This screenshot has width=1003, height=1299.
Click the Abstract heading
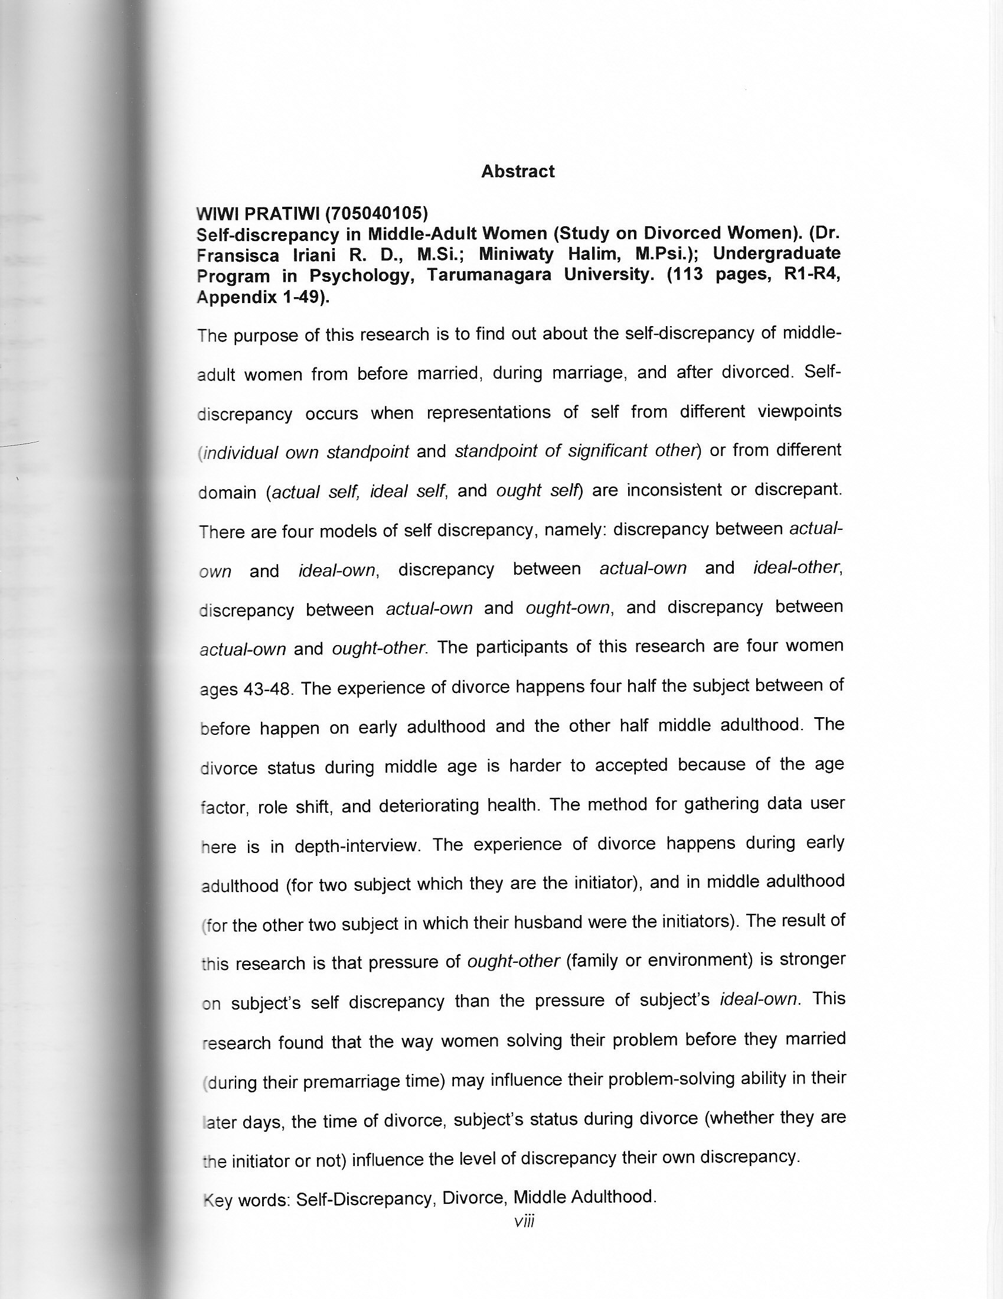(517, 171)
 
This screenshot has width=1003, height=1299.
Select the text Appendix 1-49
(261, 297)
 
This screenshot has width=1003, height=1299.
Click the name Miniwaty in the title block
(516, 254)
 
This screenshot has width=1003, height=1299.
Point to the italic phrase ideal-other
(797, 568)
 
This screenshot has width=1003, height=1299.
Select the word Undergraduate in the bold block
(776, 253)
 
